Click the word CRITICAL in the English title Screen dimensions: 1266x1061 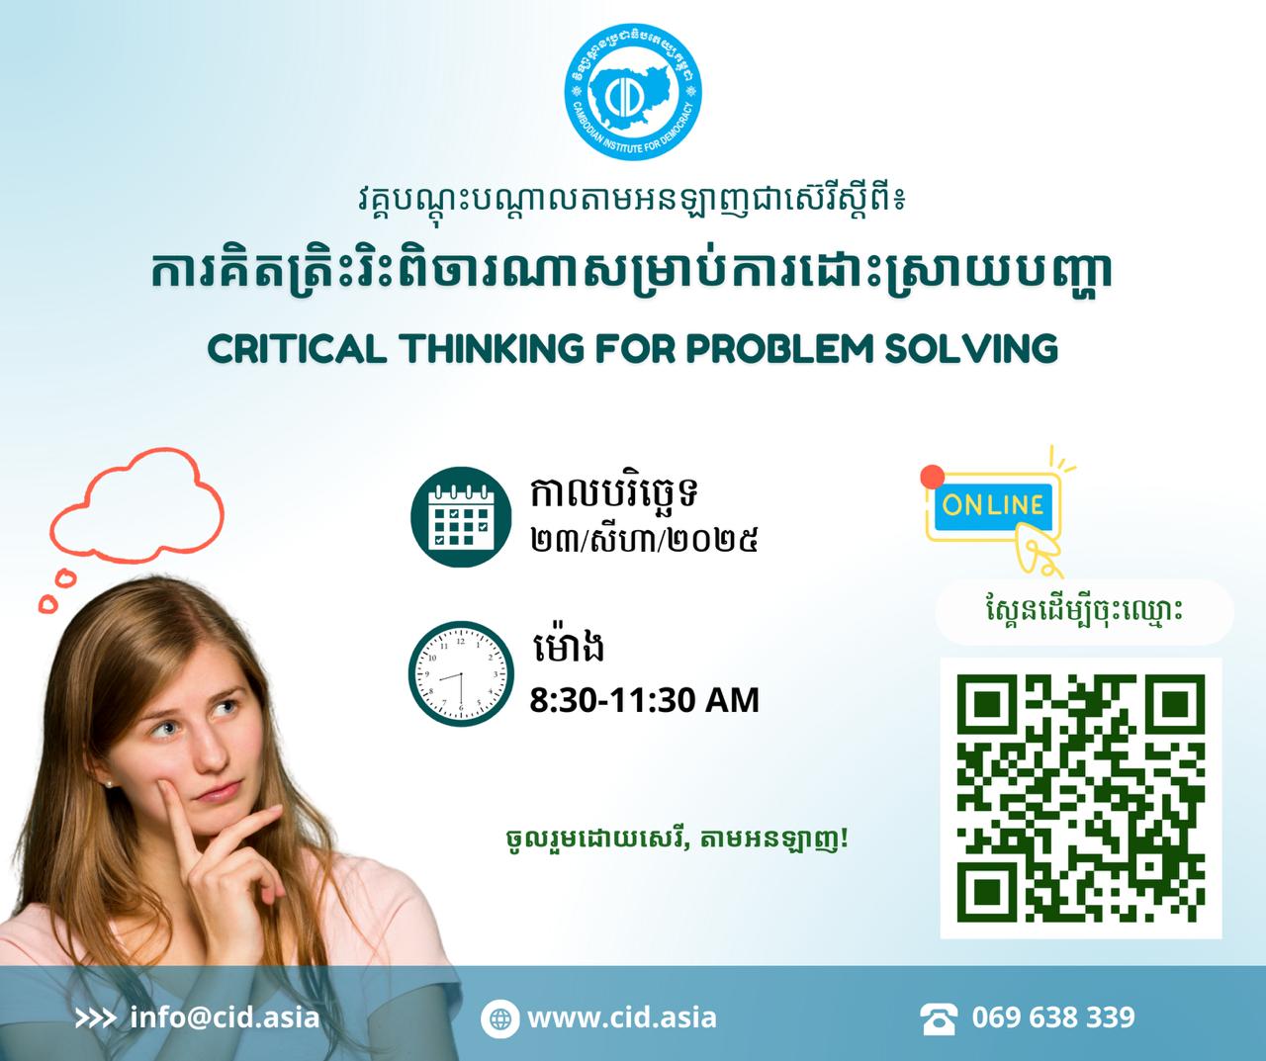tap(297, 348)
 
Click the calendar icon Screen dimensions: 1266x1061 tap(461, 516)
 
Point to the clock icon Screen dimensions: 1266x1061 tap(461, 673)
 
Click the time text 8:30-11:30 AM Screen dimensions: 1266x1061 tap(644, 701)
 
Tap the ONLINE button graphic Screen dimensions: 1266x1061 tap(993, 505)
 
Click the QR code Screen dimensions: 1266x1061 tap(1080, 799)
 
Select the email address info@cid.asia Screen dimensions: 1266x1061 tap(225, 1017)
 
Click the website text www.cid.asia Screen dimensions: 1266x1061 tap(621, 1017)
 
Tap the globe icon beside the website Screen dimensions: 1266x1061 tap(499, 1018)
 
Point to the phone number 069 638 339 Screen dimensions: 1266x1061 tap(1053, 1017)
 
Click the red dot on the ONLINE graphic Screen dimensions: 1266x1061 tap(932, 477)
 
